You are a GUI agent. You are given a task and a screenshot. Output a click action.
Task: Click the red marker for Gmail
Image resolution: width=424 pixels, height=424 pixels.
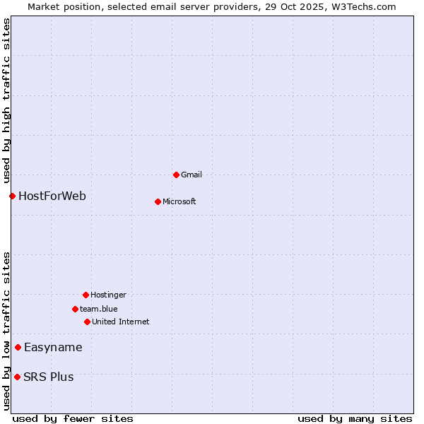click(x=176, y=175)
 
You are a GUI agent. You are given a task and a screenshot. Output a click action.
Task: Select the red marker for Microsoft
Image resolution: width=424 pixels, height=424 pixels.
click(x=158, y=201)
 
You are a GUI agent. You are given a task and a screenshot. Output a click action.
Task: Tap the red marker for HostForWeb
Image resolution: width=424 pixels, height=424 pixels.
click(x=12, y=196)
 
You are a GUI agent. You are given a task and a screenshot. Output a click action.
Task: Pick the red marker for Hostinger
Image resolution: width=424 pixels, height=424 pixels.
click(x=86, y=295)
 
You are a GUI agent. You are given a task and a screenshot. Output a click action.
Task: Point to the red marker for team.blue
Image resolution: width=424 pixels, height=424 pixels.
click(x=75, y=309)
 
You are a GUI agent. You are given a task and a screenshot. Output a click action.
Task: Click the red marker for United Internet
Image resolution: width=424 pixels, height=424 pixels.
click(x=87, y=322)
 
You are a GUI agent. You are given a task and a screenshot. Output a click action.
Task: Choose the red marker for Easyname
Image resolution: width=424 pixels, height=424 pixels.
click(x=18, y=347)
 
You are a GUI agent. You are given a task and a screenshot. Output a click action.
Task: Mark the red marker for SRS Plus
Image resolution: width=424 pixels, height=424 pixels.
click(x=17, y=377)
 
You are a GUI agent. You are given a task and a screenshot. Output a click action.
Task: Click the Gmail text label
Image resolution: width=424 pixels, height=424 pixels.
click(x=192, y=175)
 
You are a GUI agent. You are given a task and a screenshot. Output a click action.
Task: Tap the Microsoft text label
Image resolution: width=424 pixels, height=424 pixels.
click(x=179, y=201)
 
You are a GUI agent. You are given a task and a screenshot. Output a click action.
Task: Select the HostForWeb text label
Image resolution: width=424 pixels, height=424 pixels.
click(x=52, y=196)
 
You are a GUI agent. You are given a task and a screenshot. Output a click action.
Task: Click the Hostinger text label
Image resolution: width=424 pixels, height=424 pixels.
click(x=108, y=295)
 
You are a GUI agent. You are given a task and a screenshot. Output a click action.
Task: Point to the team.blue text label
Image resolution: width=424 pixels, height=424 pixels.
click(x=99, y=309)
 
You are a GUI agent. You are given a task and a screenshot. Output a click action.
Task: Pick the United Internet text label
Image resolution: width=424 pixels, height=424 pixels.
click(x=121, y=322)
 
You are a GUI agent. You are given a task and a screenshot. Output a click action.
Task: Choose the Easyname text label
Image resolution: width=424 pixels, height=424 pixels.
click(x=53, y=347)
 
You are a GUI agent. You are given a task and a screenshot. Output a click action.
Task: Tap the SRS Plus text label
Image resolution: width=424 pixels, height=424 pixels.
click(x=48, y=377)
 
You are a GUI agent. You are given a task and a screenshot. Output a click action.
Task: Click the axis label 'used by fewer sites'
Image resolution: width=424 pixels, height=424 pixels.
click(x=73, y=418)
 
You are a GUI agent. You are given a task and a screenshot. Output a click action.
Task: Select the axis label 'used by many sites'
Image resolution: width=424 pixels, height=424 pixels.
click(x=355, y=418)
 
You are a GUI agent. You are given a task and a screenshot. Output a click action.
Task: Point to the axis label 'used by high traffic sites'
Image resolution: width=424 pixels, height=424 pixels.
click(x=7, y=100)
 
